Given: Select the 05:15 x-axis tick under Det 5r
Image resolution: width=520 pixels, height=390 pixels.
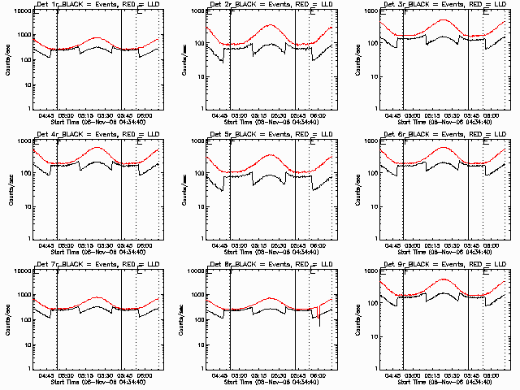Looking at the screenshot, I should (x=258, y=244).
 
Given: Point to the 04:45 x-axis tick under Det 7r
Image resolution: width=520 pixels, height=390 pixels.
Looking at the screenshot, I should (x=47, y=374).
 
